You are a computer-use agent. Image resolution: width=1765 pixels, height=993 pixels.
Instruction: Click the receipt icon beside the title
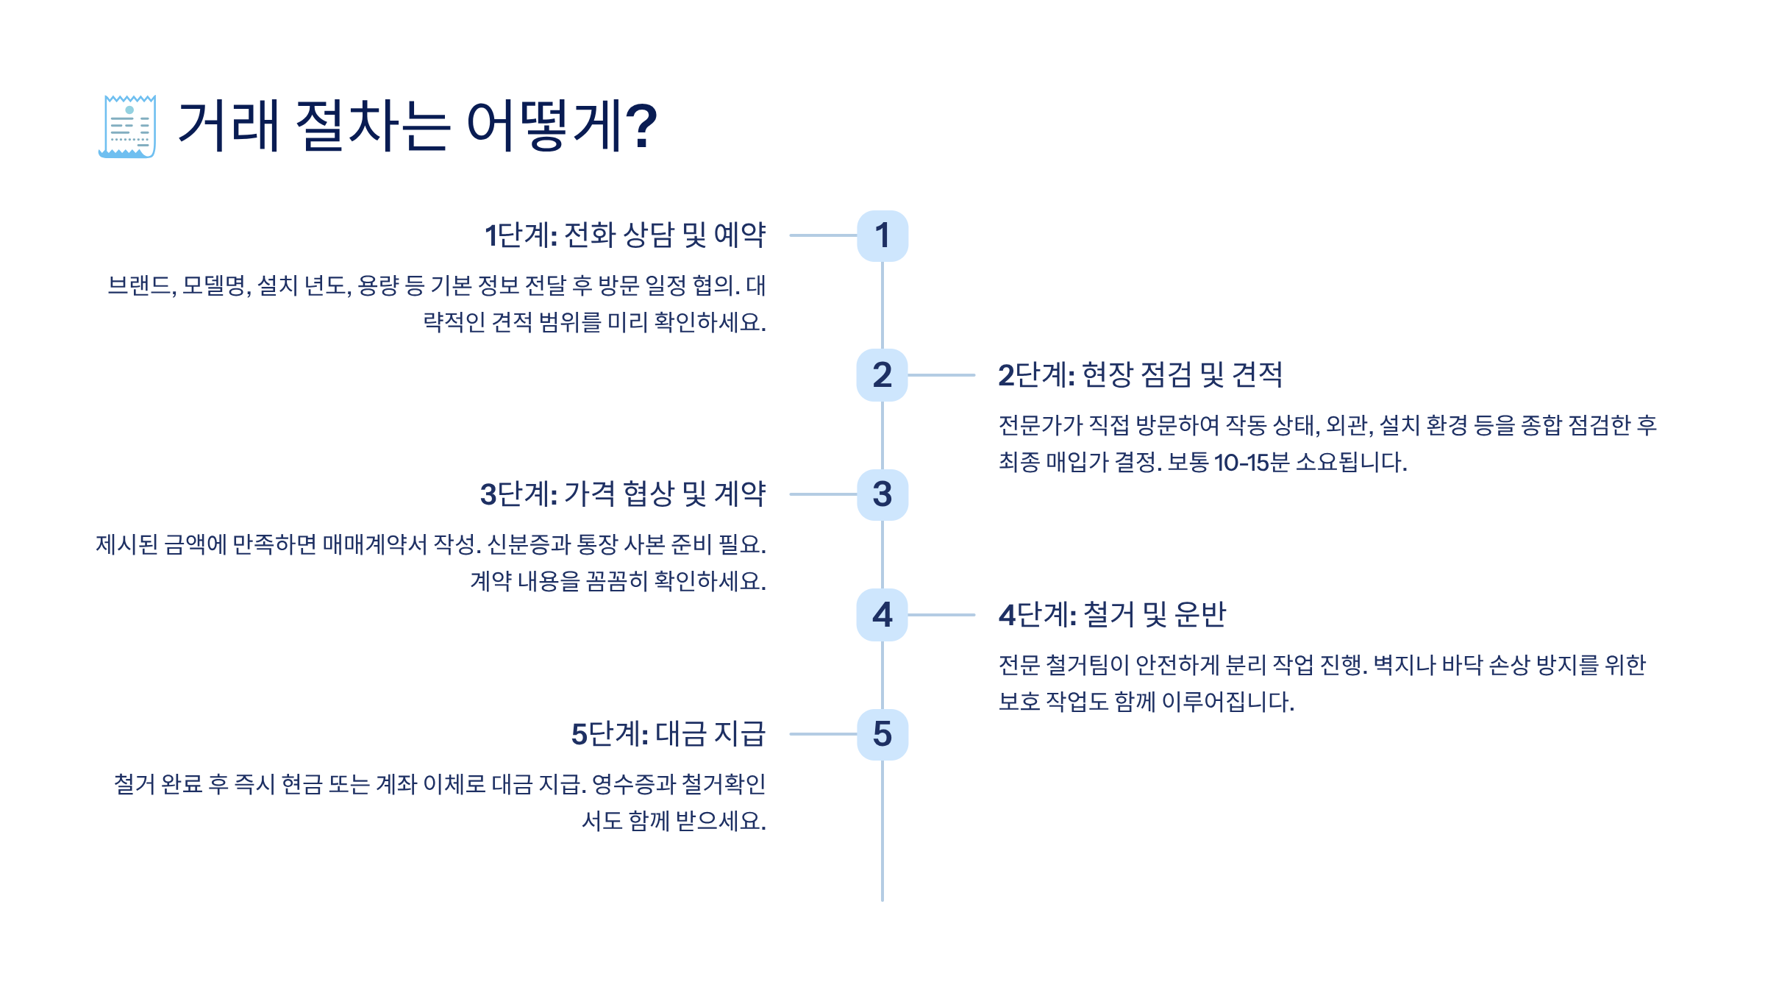click(127, 127)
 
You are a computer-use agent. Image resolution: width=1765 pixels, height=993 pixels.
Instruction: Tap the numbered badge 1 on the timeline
click(883, 236)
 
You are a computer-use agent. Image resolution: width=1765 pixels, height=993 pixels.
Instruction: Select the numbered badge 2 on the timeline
click(883, 375)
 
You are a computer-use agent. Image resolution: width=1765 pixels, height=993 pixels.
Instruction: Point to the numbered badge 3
click(883, 494)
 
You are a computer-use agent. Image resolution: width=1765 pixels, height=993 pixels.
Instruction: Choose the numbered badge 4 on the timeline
click(883, 615)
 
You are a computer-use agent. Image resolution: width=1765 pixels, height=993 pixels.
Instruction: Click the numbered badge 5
click(883, 734)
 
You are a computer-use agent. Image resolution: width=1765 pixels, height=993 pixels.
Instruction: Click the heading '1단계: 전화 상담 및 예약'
click(625, 235)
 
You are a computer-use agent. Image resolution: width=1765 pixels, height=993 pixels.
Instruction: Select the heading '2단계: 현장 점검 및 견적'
click(1140, 375)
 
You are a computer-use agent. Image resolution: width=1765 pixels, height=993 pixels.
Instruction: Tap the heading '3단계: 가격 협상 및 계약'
click(623, 494)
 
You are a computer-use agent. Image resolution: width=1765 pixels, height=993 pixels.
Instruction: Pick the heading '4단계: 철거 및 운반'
click(1112, 615)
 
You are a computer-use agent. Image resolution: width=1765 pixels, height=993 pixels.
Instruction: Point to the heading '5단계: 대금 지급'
click(668, 734)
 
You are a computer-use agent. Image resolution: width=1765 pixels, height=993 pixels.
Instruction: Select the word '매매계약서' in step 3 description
click(375, 544)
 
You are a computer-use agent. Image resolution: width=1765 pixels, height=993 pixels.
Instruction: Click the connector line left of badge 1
click(823, 235)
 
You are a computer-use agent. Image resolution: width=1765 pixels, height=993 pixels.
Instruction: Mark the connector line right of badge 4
click(942, 615)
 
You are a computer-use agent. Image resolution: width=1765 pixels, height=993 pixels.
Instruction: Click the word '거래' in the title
click(229, 127)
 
